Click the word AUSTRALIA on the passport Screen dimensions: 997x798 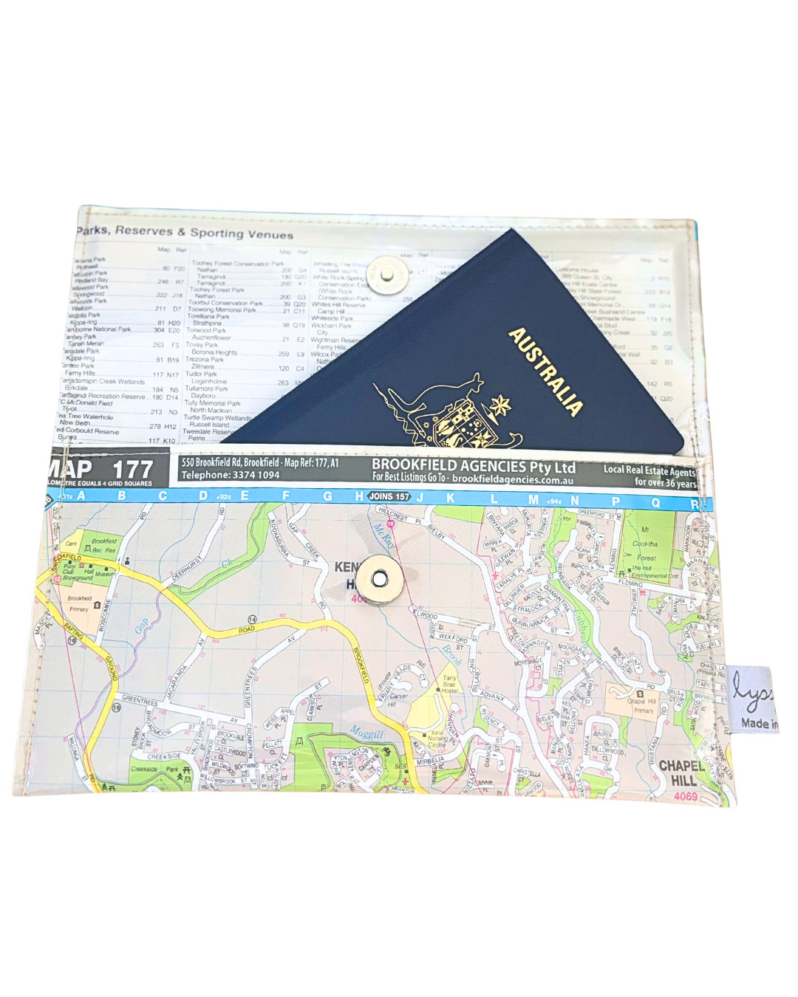tap(546, 371)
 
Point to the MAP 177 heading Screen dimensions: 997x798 tap(100, 468)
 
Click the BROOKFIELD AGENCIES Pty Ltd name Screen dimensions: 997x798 tap(473, 466)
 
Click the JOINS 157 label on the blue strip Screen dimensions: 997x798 tap(389, 496)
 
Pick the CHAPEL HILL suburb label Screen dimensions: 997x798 tap(681, 772)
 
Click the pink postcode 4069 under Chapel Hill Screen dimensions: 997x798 tap(685, 796)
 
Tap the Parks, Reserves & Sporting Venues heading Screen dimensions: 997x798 tap(185, 232)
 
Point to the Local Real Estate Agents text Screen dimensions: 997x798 tap(649, 470)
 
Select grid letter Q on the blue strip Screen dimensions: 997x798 tap(655, 502)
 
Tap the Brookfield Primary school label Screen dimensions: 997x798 tap(79, 603)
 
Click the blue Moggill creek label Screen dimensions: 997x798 tap(366, 733)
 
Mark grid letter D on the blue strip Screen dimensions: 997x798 tap(203, 496)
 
